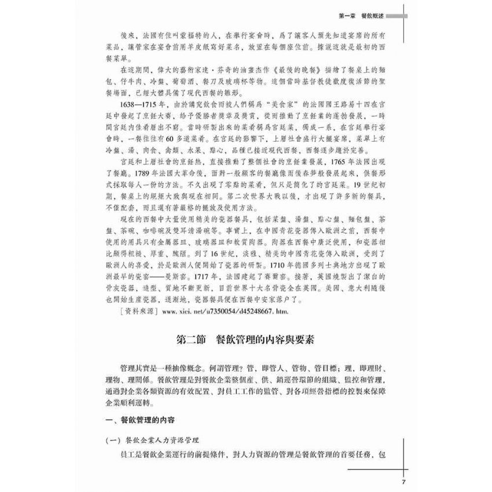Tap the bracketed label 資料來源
tap(134, 313)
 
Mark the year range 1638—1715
tap(139, 104)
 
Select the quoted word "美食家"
tap(285, 104)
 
